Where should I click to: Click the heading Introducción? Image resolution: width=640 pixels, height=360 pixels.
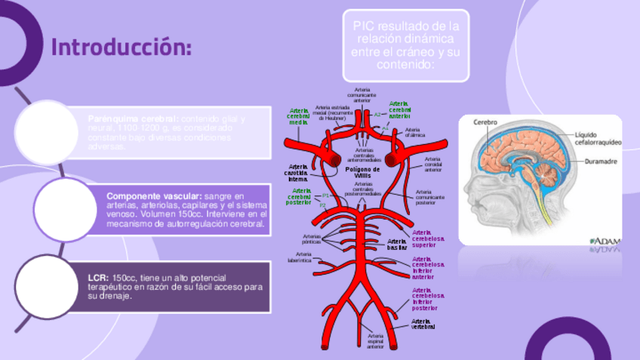pos(121,47)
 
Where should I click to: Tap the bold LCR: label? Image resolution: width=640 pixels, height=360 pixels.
pos(97,278)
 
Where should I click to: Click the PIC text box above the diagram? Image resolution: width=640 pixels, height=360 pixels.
pos(406,45)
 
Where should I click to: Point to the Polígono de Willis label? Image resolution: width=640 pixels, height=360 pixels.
pos(362,172)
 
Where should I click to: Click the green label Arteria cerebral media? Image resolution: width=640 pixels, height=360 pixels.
pos(299,116)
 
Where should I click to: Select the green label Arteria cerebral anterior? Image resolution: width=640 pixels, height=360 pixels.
pos(399,109)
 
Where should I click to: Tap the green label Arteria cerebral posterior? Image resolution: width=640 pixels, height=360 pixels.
pos(298,196)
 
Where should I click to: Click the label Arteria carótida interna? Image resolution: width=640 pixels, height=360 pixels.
pos(297,172)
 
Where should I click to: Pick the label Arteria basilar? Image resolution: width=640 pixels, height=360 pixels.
pos(397,244)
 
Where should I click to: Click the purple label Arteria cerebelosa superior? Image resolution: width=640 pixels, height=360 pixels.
pos(428,238)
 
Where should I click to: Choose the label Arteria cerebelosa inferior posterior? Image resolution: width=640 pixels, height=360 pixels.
pos(426,299)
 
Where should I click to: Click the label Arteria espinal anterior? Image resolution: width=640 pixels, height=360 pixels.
pos(375,340)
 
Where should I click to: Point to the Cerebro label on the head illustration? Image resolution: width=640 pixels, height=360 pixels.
pos(485,122)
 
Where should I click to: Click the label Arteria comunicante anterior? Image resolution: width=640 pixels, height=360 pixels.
pos(362,94)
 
